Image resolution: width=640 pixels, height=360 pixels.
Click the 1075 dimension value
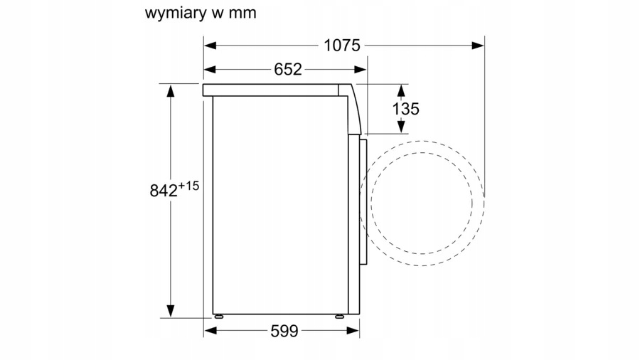click(342, 46)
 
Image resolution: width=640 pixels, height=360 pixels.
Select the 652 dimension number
click(288, 69)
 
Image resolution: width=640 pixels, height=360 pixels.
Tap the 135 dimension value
click(406, 109)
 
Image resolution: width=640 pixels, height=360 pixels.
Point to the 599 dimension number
click(284, 331)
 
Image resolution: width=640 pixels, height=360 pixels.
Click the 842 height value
click(164, 191)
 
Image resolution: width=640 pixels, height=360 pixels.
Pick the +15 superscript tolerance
click(189, 186)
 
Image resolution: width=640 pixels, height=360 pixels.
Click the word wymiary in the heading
click(173, 13)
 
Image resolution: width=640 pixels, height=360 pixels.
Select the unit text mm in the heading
click(242, 13)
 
